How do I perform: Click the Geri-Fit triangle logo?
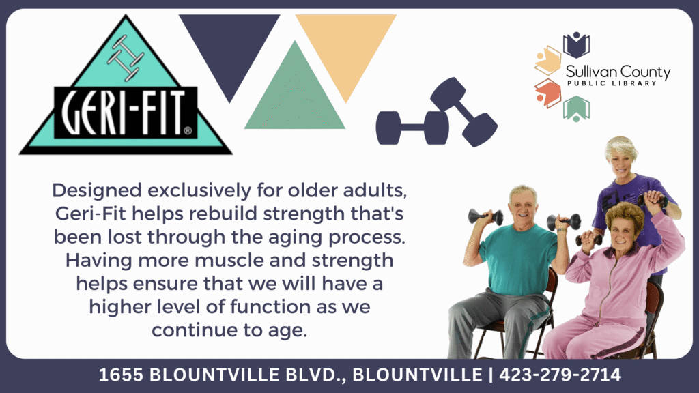coord(126,89)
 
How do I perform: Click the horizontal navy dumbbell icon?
coord(412,128)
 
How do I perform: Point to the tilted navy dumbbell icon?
coord(463,112)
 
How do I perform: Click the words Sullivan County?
coord(618,72)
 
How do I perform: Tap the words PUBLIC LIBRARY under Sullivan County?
coord(612,83)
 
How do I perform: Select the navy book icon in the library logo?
coord(576,44)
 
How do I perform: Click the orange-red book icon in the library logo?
coord(548,93)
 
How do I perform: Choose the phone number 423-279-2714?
coord(560,375)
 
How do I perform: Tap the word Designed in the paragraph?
coord(97,191)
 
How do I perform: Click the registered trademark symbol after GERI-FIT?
coord(188,131)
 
